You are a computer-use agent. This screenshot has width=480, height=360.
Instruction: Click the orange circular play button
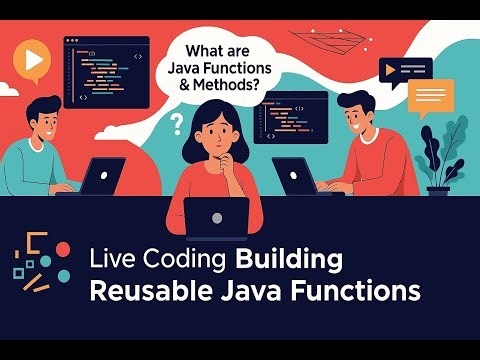(x=34, y=59)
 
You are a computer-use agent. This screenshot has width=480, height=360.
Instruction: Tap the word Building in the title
(x=289, y=260)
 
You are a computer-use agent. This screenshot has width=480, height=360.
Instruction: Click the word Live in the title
(x=109, y=260)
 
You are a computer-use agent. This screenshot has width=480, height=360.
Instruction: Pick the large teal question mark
(x=178, y=124)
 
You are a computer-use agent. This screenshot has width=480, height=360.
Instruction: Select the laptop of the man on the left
(x=101, y=177)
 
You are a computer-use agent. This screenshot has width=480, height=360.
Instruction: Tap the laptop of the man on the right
(x=295, y=177)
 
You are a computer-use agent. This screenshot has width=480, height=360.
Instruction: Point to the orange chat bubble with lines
(x=430, y=95)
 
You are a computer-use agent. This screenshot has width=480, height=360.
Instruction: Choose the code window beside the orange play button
(x=106, y=72)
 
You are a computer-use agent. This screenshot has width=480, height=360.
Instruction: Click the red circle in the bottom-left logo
(x=62, y=248)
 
